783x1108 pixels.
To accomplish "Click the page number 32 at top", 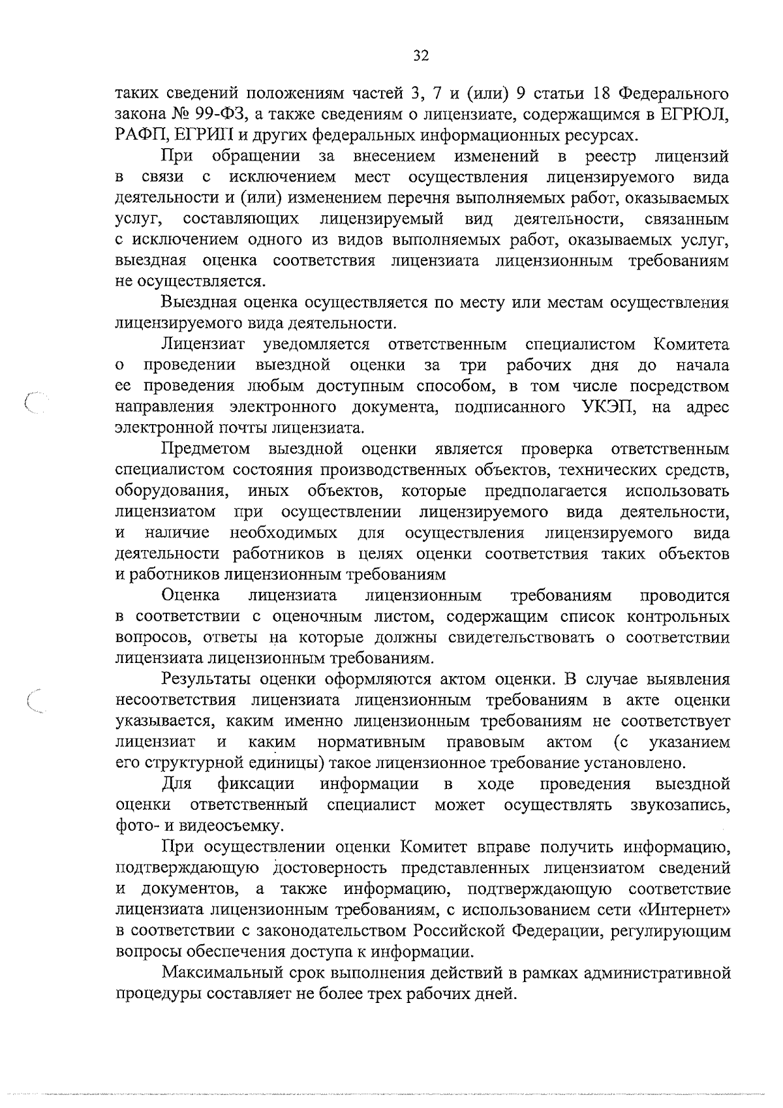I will [421, 56].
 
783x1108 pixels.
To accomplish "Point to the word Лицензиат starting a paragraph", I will [203, 345].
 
